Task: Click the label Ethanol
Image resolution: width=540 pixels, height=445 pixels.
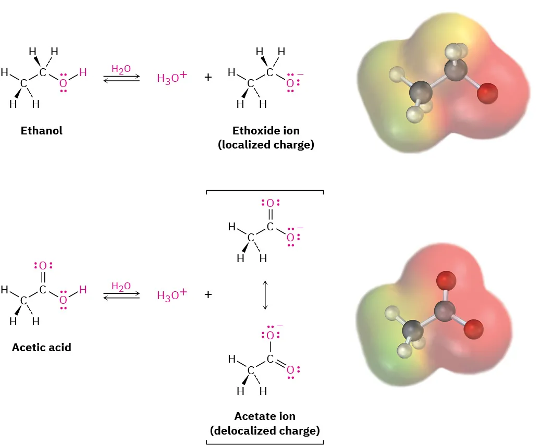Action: tap(42, 131)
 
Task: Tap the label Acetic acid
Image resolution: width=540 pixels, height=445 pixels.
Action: tap(42, 347)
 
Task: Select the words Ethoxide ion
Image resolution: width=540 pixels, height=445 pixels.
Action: tap(266, 131)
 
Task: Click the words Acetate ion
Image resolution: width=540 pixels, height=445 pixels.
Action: tap(265, 416)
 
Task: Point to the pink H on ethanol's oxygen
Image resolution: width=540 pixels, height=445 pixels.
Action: tap(83, 72)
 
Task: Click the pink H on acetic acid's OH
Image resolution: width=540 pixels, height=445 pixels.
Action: tap(83, 290)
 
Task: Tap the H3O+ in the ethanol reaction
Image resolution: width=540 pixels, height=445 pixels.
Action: tap(171, 78)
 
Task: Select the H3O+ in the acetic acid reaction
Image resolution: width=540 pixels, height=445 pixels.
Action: tap(171, 295)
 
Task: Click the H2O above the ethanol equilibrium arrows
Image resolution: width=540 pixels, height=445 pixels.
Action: tap(121, 69)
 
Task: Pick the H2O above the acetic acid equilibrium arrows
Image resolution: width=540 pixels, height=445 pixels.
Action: tap(121, 286)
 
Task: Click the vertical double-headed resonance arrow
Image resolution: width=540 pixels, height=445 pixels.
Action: tap(265, 295)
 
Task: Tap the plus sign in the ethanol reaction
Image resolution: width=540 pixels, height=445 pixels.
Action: tap(208, 78)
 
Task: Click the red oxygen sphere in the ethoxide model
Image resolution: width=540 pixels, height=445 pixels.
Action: tap(487, 94)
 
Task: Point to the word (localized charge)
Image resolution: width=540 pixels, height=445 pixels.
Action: tap(266, 145)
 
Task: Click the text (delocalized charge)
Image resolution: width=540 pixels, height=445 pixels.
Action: tap(265, 431)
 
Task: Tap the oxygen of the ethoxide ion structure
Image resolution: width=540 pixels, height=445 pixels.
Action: tap(290, 83)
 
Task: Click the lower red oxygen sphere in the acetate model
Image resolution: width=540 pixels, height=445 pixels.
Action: tap(473, 328)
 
